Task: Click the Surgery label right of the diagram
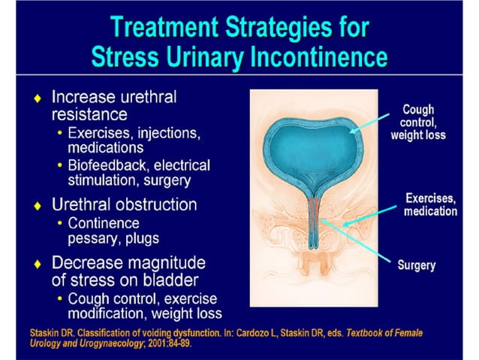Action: [416, 265]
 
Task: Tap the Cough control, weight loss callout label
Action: [418, 123]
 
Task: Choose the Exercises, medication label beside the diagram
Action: [430, 204]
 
